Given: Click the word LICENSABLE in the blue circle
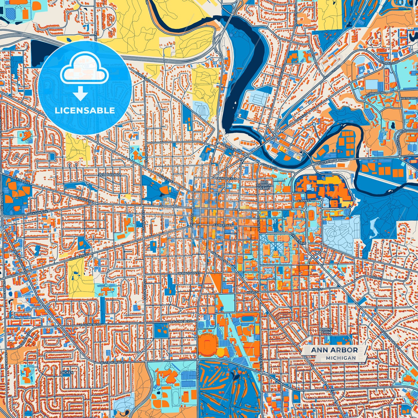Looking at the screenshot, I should click(x=85, y=111).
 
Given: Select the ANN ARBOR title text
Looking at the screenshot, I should click(x=334, y=350).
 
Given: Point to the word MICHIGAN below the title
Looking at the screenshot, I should click(x=340, y=358).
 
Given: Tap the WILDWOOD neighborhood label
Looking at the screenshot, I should click(x=109, y=175).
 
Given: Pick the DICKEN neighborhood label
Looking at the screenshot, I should click(x=67, y=373).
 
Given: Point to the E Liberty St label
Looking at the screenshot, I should click(x=223, y=225).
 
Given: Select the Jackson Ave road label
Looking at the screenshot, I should click(x=38, y=213).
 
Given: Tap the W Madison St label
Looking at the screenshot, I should click(x=189, y=273).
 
